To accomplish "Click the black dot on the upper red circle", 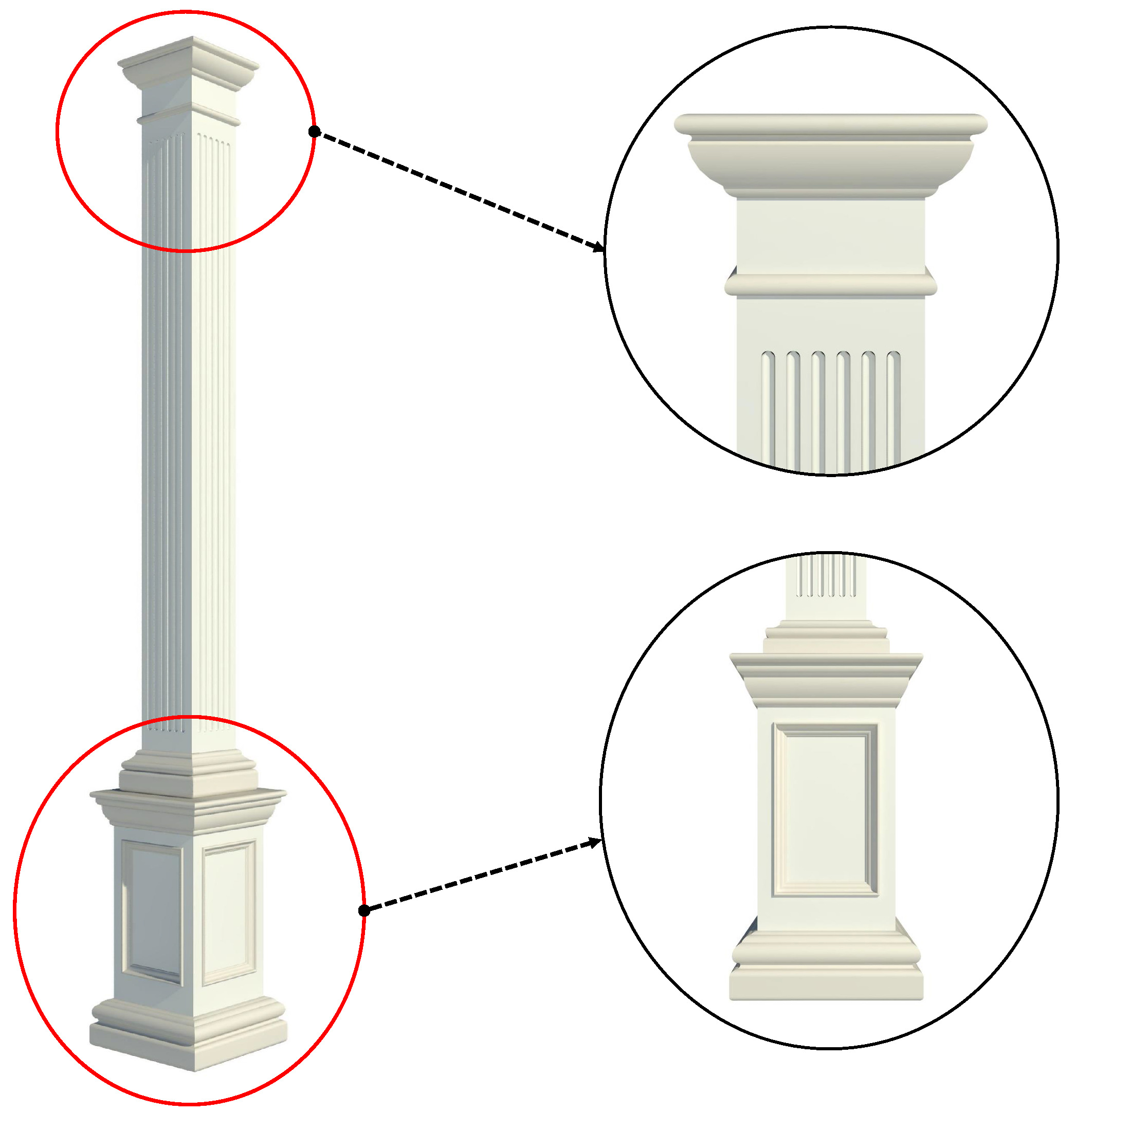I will click(314, 132).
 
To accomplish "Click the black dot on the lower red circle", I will click(364, 910).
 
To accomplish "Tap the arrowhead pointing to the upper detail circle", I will click(599, 248).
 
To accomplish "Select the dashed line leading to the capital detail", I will click(457, 190).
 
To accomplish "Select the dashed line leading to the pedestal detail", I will click(480, 877).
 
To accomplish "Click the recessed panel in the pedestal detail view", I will click(826, 811).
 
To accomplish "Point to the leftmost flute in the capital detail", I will click(768, 410).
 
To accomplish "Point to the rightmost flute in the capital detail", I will click(893, 410).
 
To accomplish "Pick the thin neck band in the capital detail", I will click(830, 285).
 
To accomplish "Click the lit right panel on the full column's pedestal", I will click(228, 913).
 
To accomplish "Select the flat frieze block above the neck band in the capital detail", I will click(830, 234).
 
